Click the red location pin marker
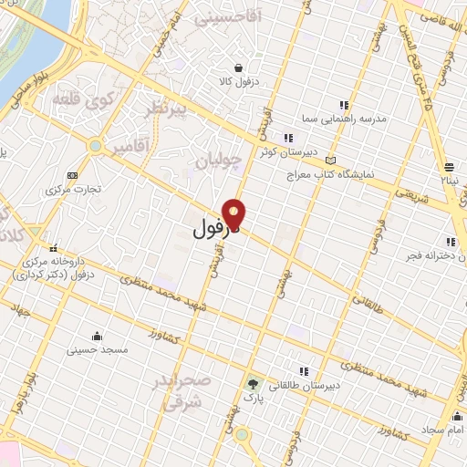[x=235, y=214]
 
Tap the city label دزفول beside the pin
[x=214, y=228]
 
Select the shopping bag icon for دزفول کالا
[x=239, y=67]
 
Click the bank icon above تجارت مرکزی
[x=73, y=175]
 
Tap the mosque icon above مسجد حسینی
[x=98, y=335]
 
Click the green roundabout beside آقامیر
[x=95, y=145]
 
